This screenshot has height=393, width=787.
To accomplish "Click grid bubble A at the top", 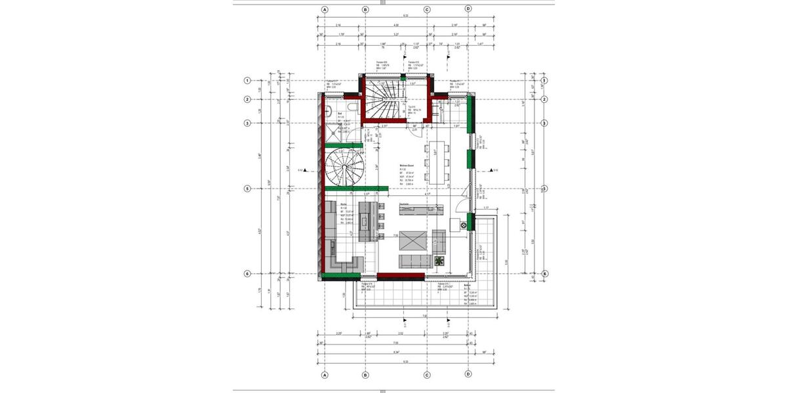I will coord(324,10).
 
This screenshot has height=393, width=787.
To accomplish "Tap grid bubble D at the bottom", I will coord(468,375).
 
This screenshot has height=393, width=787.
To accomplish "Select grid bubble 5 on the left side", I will coord(247,189).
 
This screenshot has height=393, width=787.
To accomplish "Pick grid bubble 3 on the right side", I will coord(544,123).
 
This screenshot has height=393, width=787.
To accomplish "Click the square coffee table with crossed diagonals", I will coord(414,240).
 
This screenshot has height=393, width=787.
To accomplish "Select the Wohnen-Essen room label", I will coord(409,165).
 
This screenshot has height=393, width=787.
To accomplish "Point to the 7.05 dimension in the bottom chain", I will coord(395,343).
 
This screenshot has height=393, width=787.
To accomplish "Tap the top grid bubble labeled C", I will coord(427,10).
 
